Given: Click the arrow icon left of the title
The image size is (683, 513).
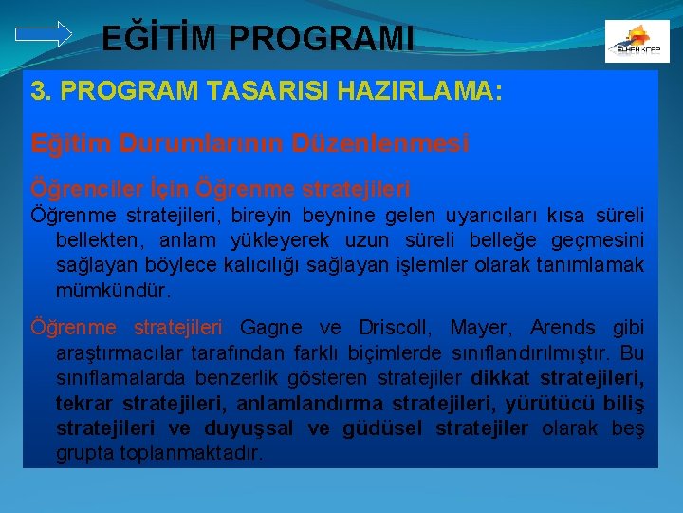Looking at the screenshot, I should tap(44, 33).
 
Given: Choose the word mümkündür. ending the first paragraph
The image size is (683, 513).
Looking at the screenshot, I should tap(115, 288).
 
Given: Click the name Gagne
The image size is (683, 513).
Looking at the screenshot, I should tap(274, 328).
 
